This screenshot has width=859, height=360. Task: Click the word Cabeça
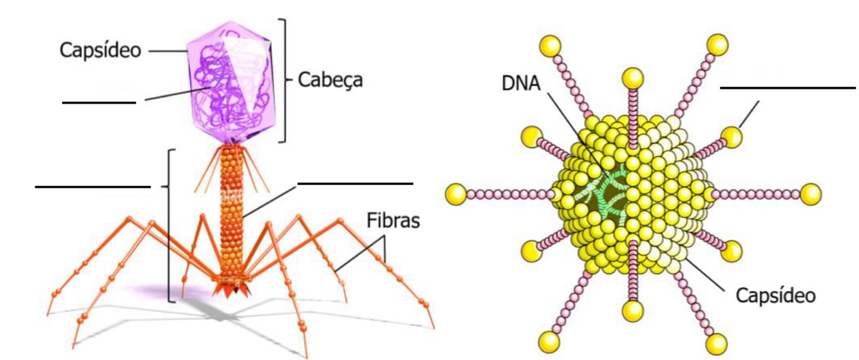[331, 81]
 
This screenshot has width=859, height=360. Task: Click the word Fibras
[393, 221]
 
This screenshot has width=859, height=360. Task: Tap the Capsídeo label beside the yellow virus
[775, 296]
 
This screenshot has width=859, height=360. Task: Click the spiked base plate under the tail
[234, 288]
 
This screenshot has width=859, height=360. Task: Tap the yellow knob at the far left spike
[456, 193]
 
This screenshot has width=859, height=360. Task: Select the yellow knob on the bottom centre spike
[633, 311]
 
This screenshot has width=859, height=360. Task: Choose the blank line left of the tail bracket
[93, 187]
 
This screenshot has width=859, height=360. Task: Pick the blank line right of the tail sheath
[355, 184]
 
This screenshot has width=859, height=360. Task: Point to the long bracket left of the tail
[169, 225]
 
